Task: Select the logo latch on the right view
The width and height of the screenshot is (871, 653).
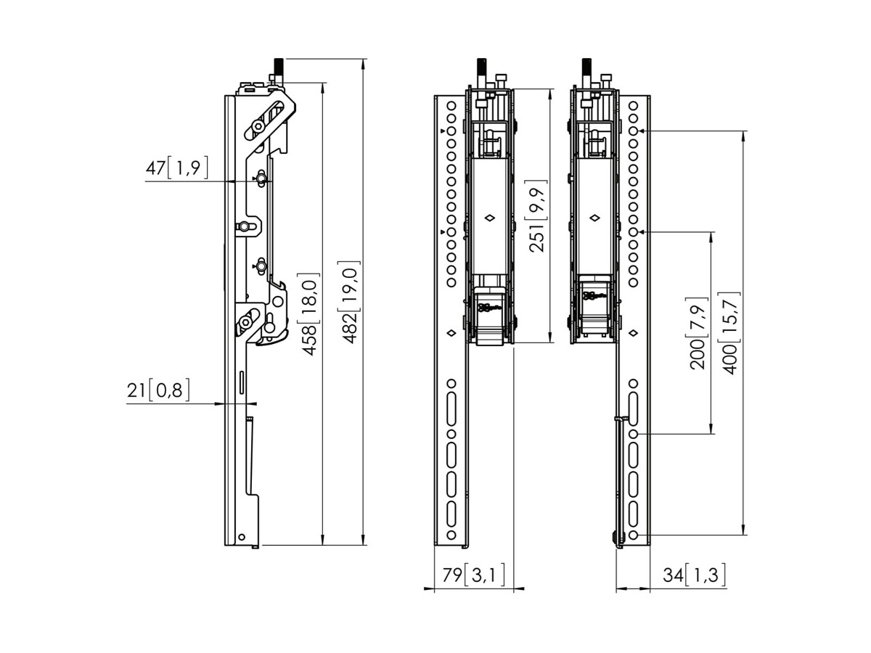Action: coord(594,296)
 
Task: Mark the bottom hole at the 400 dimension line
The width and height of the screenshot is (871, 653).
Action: coord(633,535)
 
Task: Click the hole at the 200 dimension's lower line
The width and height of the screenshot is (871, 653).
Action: coord(633,433)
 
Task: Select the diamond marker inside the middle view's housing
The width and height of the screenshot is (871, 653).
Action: coord(490,217)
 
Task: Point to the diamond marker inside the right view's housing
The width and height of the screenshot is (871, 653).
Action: coord(594,217)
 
